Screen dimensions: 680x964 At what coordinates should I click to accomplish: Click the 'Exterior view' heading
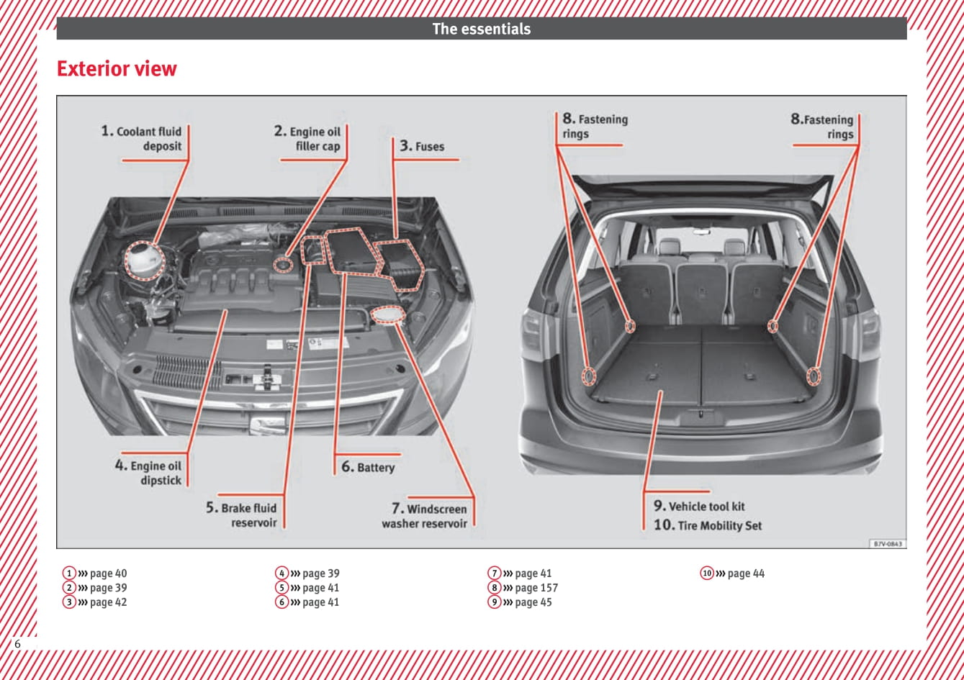[x=117, y=69]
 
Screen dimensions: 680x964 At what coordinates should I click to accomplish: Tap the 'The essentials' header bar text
[x=481, y=29]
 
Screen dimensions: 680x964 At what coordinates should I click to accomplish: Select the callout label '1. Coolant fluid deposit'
[x=142, y=139]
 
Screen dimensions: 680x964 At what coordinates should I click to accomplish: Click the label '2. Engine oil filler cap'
[x=307, y=139]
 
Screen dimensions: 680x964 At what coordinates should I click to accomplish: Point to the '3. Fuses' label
[x=423, y=146]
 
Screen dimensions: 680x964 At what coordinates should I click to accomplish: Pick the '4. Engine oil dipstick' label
[x=148, y=473]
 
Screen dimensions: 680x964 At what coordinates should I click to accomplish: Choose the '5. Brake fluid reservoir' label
[x=242, y=515]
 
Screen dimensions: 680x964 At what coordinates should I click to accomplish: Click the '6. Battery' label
[x=368, y=467]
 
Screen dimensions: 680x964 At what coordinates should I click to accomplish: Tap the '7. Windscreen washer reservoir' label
[x=425, y=516]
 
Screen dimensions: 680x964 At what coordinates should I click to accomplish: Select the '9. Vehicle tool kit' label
[x=699, y=506]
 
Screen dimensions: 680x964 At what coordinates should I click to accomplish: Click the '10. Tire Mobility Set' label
[x=708, y=525]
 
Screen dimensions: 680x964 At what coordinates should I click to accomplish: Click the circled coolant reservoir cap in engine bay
[x=145, y=260]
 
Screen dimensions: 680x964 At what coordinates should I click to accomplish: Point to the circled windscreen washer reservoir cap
[x=388, y=315]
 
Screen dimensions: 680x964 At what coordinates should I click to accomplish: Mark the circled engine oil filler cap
[x=284, y=265]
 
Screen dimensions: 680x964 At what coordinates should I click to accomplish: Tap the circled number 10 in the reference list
[x=707, y=574]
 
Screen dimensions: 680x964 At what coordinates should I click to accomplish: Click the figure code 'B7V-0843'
[x=888, y=544]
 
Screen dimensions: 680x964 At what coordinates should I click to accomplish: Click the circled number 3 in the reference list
[x=69, y=602]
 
